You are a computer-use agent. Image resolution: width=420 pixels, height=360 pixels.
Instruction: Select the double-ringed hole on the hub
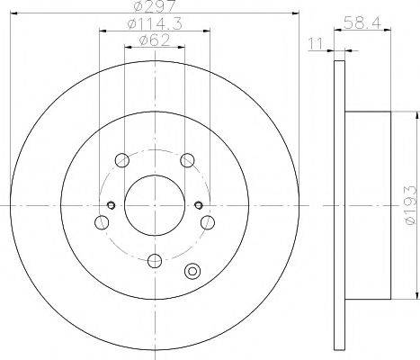(191, 273)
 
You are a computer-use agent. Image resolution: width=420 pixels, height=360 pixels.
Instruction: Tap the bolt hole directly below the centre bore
(153, 261)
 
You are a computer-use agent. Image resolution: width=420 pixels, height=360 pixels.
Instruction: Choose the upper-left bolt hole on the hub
(121, 161)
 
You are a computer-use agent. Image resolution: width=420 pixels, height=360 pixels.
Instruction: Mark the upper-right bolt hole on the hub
(186, 161)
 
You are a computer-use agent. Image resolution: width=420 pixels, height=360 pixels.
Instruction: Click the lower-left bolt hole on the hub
(100, 221)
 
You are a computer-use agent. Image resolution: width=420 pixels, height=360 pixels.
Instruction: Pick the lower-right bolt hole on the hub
(207, 221)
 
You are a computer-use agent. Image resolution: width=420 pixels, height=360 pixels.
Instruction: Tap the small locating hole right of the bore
(199, 202)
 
